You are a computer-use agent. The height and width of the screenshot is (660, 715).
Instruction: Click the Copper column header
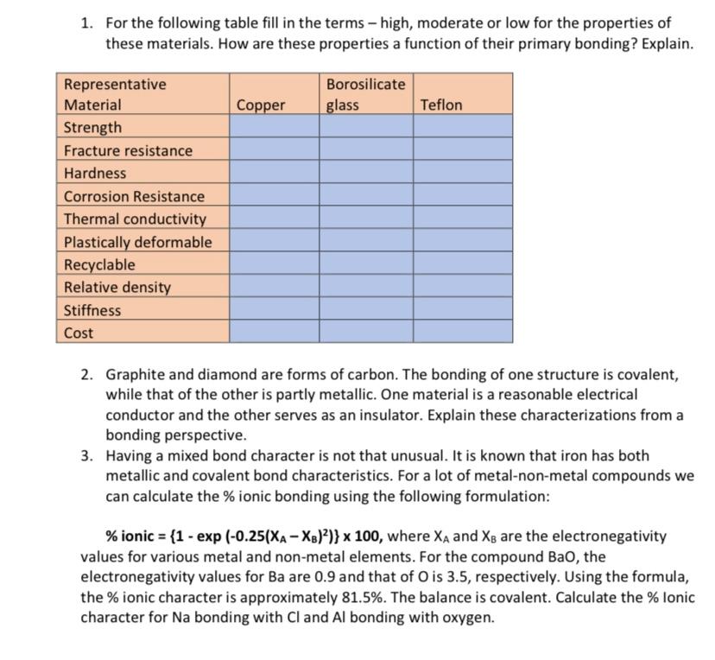(260, 105)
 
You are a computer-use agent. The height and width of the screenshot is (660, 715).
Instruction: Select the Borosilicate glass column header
(365, 95)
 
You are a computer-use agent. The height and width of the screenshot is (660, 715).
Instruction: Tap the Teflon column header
(440, 105)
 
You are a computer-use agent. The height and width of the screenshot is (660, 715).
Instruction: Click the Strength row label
(93, 128)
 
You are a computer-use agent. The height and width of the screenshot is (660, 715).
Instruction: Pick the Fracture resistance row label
(129, 151)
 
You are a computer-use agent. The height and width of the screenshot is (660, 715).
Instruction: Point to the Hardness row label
(95, 174)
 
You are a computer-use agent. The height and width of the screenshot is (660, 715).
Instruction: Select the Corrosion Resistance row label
(135, 197)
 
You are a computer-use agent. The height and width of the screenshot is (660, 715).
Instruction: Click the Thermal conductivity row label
(136, 219)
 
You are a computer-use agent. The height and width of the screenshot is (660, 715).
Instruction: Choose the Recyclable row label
(100, 265)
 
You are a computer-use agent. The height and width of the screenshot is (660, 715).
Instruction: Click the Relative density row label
(117, 288)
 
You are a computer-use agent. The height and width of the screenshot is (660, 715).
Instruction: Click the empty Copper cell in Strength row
(274, 128)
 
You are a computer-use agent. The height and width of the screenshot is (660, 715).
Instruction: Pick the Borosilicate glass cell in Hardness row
(365, 174)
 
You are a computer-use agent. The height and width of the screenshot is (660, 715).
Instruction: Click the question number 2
(87, 375)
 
